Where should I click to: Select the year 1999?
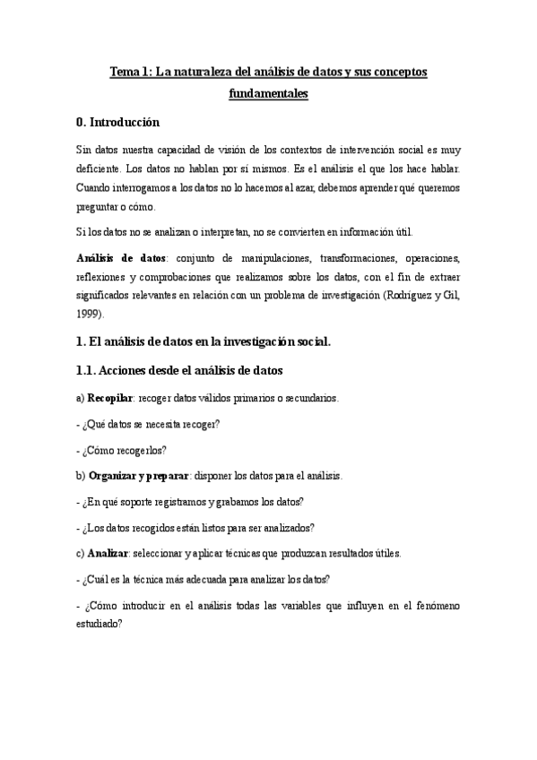pyautogui.click(x=90, y=314)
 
